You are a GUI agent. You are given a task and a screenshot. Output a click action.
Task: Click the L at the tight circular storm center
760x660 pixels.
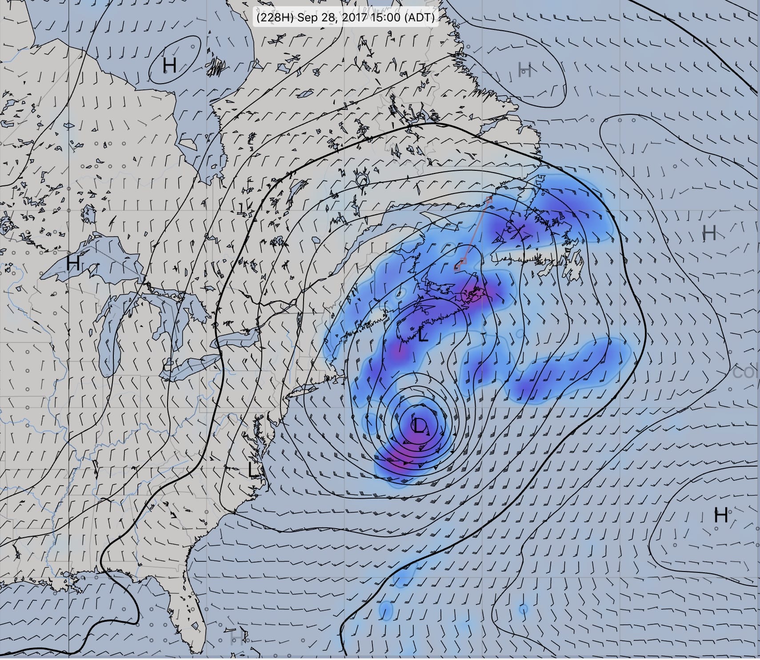tap(419, 426)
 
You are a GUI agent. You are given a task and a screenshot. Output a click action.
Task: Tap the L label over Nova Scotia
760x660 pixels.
tap(423, 335)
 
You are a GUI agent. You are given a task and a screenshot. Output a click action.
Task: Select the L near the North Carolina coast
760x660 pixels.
tap(253, 469)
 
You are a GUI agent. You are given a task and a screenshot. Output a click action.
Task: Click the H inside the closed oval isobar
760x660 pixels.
tap(169, 65)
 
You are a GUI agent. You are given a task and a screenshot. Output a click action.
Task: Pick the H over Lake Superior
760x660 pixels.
tap(73, 263)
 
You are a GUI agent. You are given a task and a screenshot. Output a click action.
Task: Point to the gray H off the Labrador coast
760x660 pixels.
tap(525, 69)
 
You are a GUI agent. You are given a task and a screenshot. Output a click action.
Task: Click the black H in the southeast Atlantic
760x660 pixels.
tap(721, 515)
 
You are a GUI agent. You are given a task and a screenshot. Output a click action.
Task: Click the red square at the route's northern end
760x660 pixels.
tap(489, 199)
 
